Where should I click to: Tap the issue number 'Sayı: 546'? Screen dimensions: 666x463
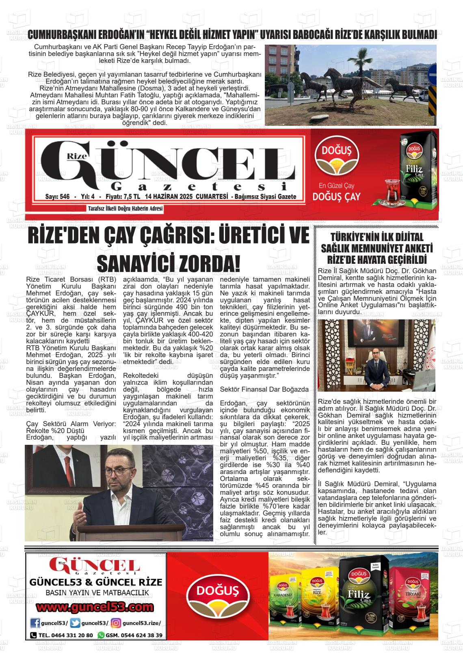click(58, 197)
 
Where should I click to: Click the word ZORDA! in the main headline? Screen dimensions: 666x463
click(208, 264)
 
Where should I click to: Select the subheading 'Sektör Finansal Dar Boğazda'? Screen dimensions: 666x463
click(264, 389)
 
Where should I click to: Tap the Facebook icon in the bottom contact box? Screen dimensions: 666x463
click(35, 623)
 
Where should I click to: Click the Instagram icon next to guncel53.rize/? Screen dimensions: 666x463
click(116, 623)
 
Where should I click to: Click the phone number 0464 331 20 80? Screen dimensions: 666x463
click(66, 635)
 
